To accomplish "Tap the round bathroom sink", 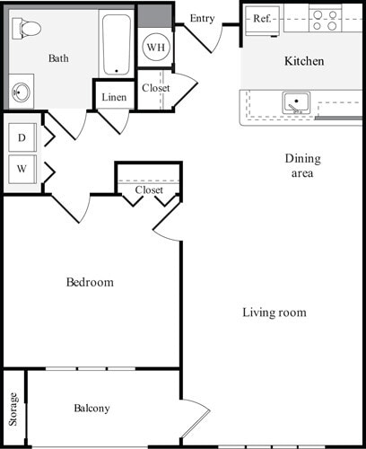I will (x=22, y=92).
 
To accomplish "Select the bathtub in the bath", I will (x=115, y=43).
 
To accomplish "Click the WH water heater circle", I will (x=155, y=47).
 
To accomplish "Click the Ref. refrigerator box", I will (x=262, y=18).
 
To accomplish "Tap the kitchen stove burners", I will (x=323, y=20).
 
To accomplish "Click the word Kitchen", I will (x=304, y=61).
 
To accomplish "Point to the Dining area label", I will (x=302, y=165).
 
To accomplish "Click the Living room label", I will (x=274, y=313).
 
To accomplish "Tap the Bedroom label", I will (x=90, y=282).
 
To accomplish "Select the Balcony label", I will (x=91, y=409).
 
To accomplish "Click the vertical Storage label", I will (x=13, y=409).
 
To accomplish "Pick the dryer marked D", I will (x=22, y=139).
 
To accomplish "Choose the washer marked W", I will (x=22, y=168).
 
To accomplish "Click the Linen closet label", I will (x=114, y=96).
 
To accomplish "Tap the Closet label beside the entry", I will (x=155, y=88).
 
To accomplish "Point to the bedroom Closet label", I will (x=149, y=190).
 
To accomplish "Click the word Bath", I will (x=58, y=58).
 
